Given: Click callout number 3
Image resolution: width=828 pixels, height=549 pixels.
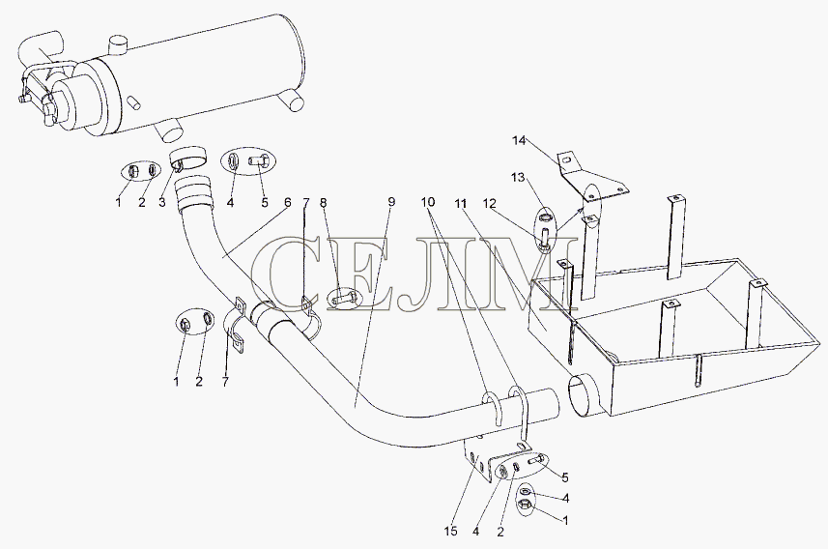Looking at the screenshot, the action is point(162,202).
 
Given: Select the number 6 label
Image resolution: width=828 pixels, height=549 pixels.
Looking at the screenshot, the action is point(287,202).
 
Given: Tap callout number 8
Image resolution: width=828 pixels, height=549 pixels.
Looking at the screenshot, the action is point(323,202).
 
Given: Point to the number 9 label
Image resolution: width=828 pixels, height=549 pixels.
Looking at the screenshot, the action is point(391,201).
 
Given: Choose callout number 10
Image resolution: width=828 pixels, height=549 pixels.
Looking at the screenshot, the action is point(428,202).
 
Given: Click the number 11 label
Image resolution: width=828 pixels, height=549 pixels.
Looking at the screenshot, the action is point(462,202).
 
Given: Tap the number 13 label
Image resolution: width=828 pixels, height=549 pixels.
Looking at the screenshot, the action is point(518,177).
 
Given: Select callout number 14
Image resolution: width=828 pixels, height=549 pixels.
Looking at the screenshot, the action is point(519,140).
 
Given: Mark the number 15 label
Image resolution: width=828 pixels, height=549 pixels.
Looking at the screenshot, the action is point(450,532).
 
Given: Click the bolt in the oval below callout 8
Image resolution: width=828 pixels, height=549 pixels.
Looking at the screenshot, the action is point(344,299).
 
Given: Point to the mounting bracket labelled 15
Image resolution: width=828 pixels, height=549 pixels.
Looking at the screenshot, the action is point(479,457).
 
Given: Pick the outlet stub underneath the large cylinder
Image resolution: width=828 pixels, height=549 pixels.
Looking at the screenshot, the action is point(170,130).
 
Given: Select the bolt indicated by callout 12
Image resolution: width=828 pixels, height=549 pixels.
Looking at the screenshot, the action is point(545,236).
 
